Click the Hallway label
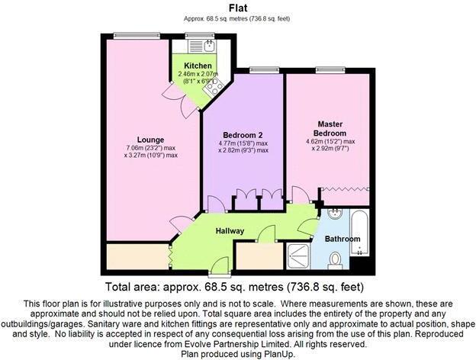click(230, 230)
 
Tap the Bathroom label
click(343, 239)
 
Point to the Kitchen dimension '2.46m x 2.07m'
click(198, 74)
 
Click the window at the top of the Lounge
click(126, 35)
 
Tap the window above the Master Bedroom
click(329, 69)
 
